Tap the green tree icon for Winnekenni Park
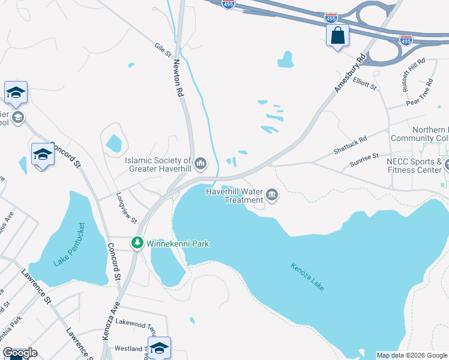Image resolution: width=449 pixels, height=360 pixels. [x=137, y=243]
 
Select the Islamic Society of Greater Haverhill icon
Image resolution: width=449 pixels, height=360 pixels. [x=200, y=163]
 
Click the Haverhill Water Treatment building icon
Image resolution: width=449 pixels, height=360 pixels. [x=272, y=194]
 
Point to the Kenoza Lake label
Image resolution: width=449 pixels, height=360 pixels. [x=307, y=277]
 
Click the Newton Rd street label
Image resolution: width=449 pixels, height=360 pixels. [x=178, y=78]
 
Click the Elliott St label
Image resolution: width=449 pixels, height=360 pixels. [x=364, y=83]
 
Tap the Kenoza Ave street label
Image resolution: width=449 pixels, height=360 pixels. [x=110, y=322]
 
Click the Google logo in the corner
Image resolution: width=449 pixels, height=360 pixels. [x=20, y=353]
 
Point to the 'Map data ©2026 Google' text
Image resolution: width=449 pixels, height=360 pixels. [x=412, y=355]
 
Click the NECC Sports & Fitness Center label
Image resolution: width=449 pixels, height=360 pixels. [x=414, y=166]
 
